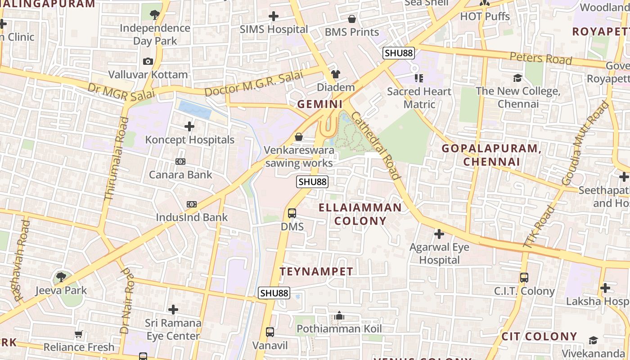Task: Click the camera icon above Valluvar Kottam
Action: coord(148,61)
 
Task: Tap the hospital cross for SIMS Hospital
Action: coord(273,17)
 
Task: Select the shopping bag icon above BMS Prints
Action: coord(352,19)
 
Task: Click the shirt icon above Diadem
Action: coord(336,74)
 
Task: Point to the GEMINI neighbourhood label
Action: coord(320,104)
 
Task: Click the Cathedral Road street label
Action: coord(374,145)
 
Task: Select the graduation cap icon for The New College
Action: coord(517,78)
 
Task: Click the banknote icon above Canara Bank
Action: coord(180,161)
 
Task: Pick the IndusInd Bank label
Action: coord(192,217)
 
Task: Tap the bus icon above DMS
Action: coord(292,213)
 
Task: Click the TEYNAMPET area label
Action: coord(316,272)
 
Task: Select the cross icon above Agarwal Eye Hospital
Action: coord(439,234)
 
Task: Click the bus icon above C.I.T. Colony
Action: coord(524,277)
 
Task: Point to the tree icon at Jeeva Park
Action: coord(61,277)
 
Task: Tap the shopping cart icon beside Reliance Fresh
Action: coord(79,334)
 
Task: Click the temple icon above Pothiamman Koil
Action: coord(340,316)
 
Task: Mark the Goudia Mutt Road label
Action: coord(585,143)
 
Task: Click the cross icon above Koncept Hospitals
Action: coord(189,126)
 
